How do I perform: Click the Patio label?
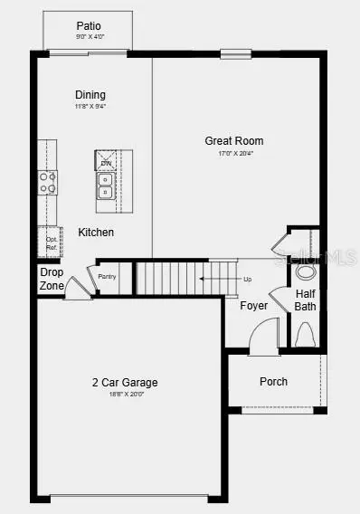[88, 27]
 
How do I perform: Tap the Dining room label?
[90, 95]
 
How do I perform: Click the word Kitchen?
[96, 233]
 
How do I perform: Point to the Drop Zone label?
[52, 278]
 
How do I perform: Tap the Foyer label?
[253, 306]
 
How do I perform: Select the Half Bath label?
[306, 300]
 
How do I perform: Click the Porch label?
[273, 382]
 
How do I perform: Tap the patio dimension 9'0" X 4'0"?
[88, 37]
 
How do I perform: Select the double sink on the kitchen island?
[106, 186]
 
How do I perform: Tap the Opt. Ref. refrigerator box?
[51, 242]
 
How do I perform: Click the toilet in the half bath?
[305, 334]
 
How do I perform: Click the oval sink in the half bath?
[306, 271]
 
